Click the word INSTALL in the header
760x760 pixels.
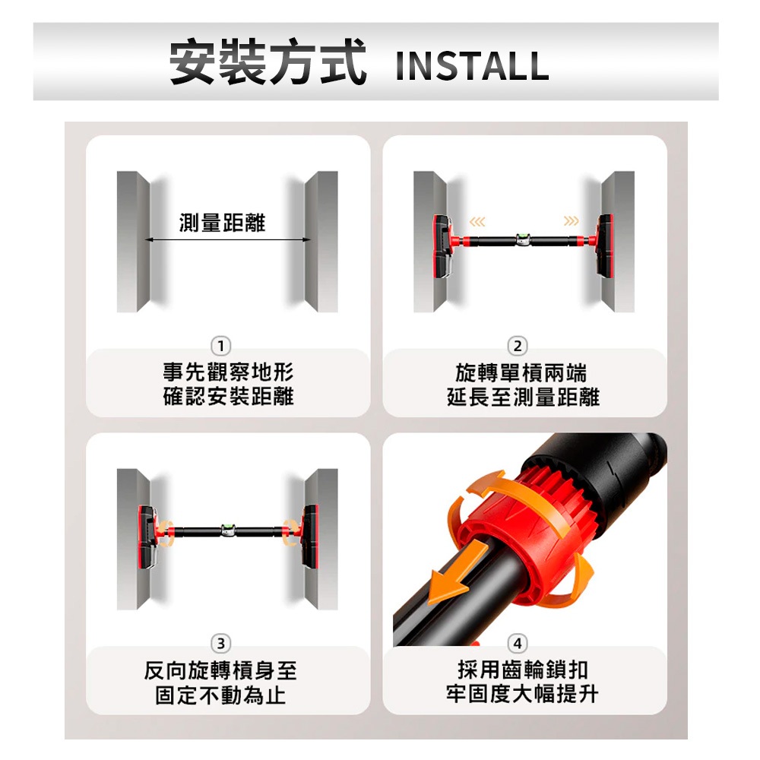click(x=472, y=66)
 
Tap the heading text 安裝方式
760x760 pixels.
click(x=268, y=62)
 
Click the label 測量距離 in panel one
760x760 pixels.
click(x=223, y=223)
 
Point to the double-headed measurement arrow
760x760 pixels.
click(x=228, y=239)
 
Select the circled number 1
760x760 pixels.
click(x=221, y=346)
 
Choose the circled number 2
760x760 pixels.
click(x=518, y=346)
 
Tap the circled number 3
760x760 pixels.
click(x=221, y=643)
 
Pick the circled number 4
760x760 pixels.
click(x=518, y=643)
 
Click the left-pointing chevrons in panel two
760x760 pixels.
click(x=477, y=222)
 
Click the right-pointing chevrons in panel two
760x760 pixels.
click(x=571, y=221)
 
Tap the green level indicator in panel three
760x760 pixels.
click(x=227, y=528)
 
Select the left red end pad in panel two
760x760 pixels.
click(x=442, y=246)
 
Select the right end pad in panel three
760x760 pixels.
click(x=310, y=536)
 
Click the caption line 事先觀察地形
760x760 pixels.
click(x=228, y=372)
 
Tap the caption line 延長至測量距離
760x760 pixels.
click(x=524, y=397)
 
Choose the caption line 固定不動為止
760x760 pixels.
click(x=220, y=695)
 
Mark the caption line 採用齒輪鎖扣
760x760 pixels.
click(x=523, y=670)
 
